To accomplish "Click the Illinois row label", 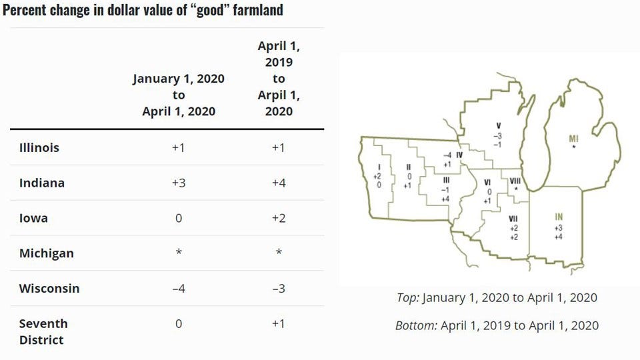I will [39, 147].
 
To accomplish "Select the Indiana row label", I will [41, 183].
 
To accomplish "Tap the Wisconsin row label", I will [49, 289].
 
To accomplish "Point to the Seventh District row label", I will [43, 331].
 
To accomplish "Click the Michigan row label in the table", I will [46, 253].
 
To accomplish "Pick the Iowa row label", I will [33, 218].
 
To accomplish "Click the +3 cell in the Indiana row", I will [178, 183].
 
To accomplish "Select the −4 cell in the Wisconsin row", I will [178, 289].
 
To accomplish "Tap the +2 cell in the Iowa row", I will [279, 218].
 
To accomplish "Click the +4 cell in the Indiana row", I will [279, 183].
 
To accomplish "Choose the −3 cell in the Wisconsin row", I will [279, 289].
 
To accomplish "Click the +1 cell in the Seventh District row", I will [279, 324].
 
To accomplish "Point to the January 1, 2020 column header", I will [178, 95].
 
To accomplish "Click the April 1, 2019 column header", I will [279, 79].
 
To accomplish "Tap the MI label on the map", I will [573, 138].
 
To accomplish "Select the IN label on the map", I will [559, 216].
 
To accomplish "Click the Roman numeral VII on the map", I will [513, 218].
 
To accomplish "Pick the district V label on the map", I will [497, 125].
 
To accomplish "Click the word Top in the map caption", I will [407, 297].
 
